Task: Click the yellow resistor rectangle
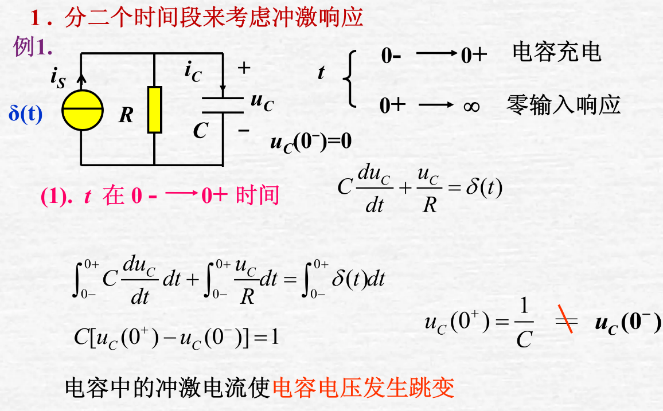155,110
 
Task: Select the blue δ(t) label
25,113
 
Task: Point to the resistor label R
126,116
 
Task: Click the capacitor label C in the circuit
200,131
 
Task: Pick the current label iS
58,77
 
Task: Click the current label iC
193,71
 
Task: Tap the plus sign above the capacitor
244,68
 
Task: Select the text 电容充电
556,52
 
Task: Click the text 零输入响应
564,105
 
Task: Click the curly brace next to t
350,79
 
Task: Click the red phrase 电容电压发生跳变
364,388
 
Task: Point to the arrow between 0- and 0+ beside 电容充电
438,54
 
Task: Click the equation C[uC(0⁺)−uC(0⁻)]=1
176,336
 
